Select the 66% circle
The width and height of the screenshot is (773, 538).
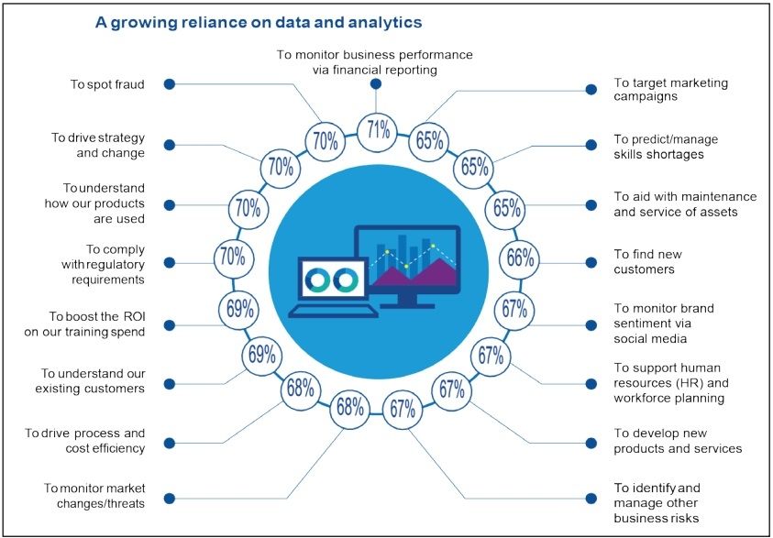520,258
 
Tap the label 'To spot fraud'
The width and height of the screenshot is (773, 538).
107,84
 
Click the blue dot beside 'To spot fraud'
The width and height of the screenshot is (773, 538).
170,84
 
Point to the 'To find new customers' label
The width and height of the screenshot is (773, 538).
647,261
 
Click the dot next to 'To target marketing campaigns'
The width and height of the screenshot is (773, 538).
591,89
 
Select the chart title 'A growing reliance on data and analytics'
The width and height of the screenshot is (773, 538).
259,23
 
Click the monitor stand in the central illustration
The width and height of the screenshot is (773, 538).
407,301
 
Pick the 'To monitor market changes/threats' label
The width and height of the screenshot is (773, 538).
94,496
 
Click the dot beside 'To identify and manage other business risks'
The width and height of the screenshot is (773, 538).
591,498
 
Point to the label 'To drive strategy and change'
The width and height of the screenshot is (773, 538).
98,145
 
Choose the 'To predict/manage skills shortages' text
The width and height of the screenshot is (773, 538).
666,147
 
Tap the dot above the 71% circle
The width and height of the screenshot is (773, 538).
376,83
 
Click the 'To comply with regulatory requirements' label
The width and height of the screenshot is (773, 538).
103,265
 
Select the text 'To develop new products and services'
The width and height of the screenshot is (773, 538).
678,441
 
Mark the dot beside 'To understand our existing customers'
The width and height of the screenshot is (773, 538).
170,383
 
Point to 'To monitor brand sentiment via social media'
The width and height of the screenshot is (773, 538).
664,324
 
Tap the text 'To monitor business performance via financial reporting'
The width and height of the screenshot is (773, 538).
375,62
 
